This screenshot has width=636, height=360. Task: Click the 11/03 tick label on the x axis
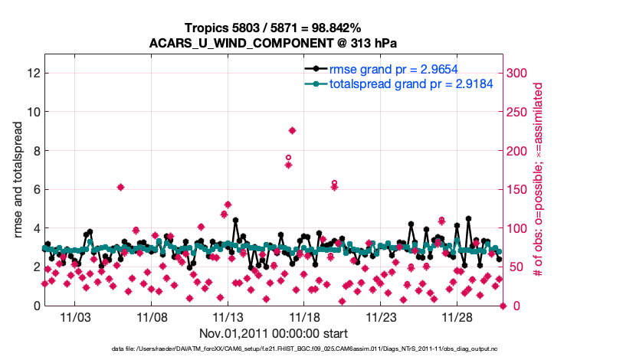(75, 316)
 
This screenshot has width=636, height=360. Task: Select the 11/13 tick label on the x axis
(228, 316)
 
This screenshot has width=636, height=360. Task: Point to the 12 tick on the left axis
(33, 73)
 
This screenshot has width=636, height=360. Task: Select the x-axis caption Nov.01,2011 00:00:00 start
(274, 333)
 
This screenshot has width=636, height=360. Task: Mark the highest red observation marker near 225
(292, 130)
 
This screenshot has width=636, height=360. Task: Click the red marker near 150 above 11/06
(120, 187)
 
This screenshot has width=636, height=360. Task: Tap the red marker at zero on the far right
(503, 306)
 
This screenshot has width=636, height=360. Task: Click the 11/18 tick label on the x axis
(304, 316)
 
